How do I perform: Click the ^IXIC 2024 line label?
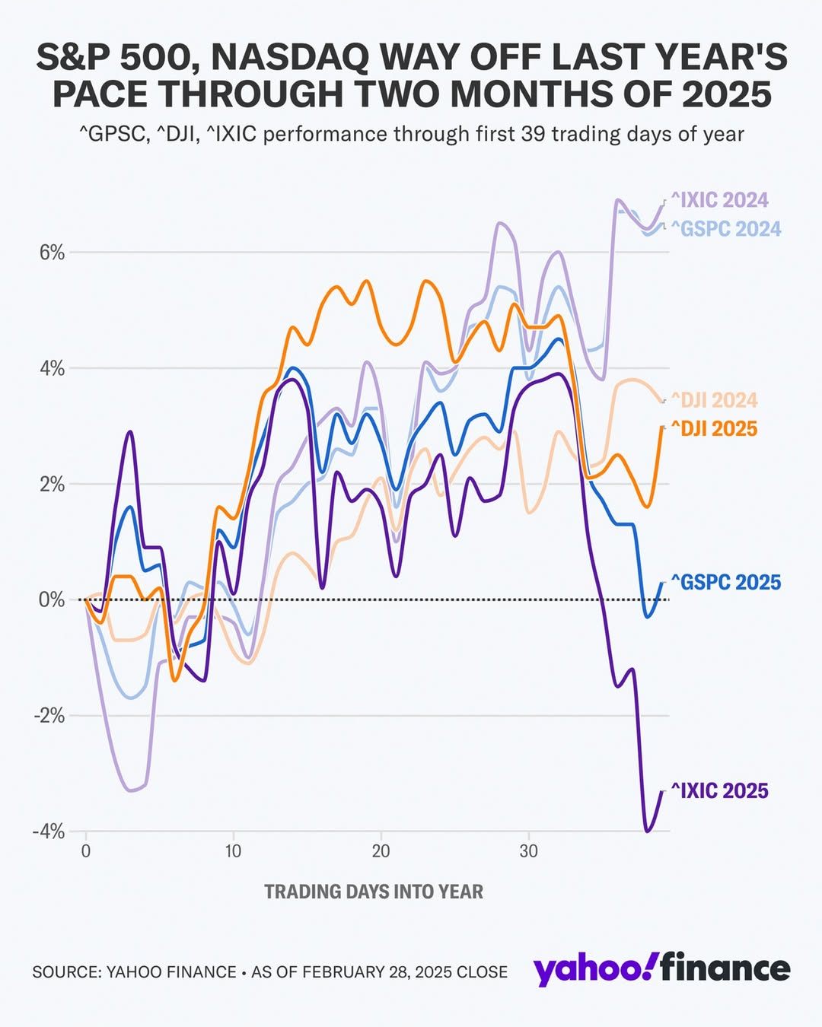[719, 200]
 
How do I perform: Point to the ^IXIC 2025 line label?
[719, 791]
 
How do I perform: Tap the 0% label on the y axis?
[52, 600]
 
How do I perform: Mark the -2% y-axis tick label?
[49, 716]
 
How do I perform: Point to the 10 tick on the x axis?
[233, 851]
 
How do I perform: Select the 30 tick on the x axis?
[528, 851]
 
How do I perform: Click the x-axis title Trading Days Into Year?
[374, 892]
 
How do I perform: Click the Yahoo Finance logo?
[661, 969]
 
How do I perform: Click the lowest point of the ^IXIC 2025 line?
[648, 831]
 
